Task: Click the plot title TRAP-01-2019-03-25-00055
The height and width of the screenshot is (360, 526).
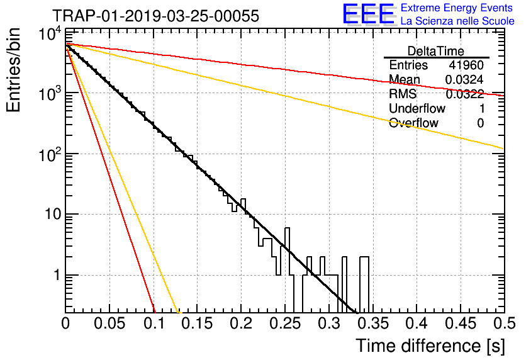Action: pos(155,16)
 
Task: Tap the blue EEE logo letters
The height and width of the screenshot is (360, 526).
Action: pos(369,14)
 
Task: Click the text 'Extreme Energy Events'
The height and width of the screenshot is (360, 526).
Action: pos(457,8)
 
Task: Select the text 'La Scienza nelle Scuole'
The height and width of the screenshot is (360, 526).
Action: pos(457,21)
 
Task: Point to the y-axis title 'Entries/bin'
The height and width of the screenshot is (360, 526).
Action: pos(13,70)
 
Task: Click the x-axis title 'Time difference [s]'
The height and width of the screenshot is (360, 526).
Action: pos(430,346)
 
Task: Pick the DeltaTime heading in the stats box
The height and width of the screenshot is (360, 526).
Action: pos(436,51)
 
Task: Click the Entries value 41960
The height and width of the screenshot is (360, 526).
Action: pos(466,65)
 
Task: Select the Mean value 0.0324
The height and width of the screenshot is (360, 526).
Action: pos(464,79)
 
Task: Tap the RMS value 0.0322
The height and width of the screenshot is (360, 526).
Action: pos(464,94)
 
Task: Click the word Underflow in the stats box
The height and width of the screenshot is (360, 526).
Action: pos(417,108)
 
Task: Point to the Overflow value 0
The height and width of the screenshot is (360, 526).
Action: pos(480,123)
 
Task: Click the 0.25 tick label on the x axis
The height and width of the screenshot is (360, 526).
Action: pos(285,323)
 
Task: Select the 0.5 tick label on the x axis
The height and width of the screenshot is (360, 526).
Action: pos(504,323)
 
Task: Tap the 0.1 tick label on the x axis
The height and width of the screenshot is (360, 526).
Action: pos(154,323)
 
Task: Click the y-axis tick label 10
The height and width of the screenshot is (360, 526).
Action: pos(53,214)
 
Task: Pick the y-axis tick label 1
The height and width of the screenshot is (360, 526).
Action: pos(57,275)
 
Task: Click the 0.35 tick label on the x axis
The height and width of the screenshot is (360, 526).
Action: pos(373,323)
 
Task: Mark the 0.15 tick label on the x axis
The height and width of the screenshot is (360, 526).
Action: pos(197,323)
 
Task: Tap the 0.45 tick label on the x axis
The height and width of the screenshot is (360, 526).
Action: pos(461,323)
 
